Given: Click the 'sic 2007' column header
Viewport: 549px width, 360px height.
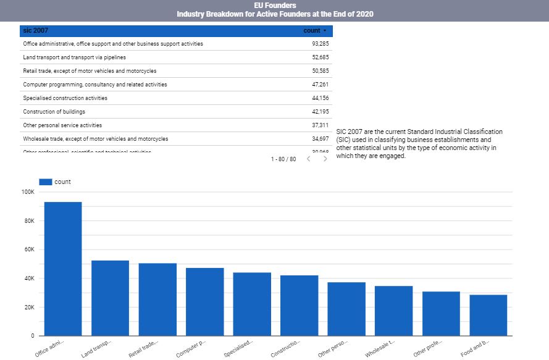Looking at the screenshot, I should (x=35, y=30).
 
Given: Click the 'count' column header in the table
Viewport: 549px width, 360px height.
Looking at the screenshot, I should (x=312, y=30).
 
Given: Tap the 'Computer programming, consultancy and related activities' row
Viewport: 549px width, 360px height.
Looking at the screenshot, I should (x=94, y=85).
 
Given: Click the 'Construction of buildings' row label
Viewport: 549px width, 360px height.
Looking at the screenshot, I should (x=54, y=112).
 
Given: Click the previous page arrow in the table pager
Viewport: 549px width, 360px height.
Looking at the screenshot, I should (x=309, y=159).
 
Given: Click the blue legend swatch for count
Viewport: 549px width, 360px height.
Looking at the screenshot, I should (x=45, y=182).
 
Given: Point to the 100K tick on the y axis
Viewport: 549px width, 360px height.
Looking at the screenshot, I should (x=28, y=192).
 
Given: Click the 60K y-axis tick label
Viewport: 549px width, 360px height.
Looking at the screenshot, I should (x=29, y=249).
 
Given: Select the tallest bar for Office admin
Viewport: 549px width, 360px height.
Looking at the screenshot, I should (x=63, y=269).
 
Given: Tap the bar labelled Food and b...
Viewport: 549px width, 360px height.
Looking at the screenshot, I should (x=488, y=315).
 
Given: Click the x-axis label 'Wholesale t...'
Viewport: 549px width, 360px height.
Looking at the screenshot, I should (x=380, y=348).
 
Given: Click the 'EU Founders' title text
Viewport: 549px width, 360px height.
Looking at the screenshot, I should (x=274, y=5).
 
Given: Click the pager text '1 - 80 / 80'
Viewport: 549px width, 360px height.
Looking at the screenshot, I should (x=283, y=159).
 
